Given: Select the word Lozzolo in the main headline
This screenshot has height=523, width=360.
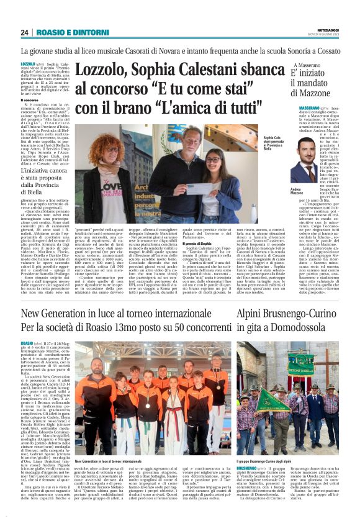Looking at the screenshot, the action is (108, 71).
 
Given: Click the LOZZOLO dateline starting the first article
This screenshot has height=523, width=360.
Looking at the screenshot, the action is (29, 64).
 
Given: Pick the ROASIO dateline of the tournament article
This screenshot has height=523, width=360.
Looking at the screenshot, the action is (27, 343).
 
